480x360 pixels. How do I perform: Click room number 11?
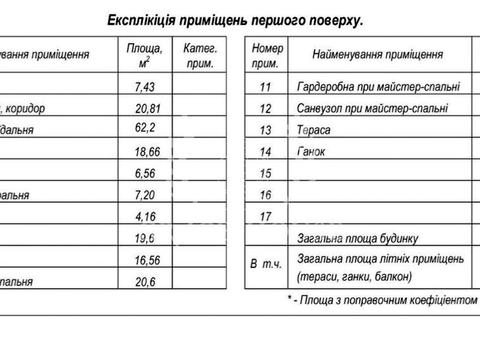pyautogui.click(x=265, y=86)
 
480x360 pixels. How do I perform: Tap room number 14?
pyautogui.click(x=265, y=151)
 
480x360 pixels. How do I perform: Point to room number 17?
pyautogui.click(x=265, y=216)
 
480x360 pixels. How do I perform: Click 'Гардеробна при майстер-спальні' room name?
pyautogui.click(x=371, y=86)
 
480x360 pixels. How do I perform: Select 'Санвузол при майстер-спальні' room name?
pyautogui.click(x=372, y=108)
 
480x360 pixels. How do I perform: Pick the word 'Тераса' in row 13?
pyautogui.click(x=319, y=130)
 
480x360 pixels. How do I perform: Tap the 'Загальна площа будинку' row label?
pyautogui.click(x=363, y=238)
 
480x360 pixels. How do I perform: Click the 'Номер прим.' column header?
pyautogui.click(x=266, y=55)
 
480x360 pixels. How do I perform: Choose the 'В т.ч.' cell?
pyautogui.click(x=266, y=267)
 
